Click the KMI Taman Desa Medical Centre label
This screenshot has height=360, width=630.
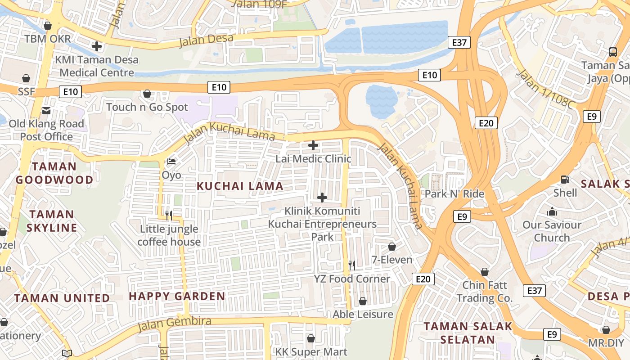click(97, 66)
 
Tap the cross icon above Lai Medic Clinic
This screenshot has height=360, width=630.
click(313, 145)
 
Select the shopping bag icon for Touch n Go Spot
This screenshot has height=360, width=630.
click(147, 94)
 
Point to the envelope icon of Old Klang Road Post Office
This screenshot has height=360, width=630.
click(46, 111)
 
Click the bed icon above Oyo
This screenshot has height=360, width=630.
click(171, 162)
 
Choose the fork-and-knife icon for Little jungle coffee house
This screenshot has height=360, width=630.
click(169, 215)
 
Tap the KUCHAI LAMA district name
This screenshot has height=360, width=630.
click(240, 186)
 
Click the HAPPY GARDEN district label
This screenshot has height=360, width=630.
click(177, 296)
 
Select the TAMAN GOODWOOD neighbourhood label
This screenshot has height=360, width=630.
click(54, 173)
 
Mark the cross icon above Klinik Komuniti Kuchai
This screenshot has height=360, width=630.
click(322, 197)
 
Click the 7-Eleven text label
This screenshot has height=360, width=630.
click(392, 260)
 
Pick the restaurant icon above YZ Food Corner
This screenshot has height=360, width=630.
click(352, 265)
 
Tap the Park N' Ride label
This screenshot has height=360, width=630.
click(454, 194)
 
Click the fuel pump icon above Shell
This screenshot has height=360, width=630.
click(565, 179)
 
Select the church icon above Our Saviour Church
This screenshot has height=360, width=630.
click(552, 211)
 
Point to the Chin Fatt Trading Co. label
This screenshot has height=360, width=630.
click(485, 292)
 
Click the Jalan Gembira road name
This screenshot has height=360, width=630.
click(174, 323)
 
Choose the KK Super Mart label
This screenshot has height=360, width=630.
click(311, 352)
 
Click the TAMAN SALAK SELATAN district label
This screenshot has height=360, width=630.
click(468, 333)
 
